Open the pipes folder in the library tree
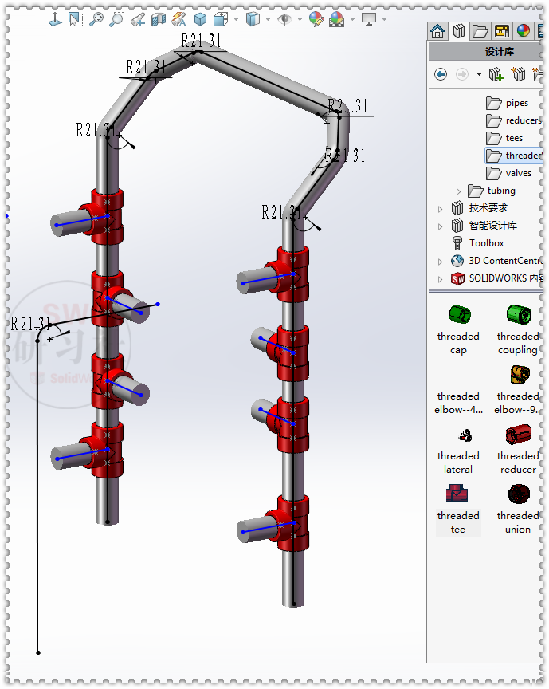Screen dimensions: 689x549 516,103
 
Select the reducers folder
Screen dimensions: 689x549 522,120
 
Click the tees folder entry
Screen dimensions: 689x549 514,138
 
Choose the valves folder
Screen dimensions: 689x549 518,173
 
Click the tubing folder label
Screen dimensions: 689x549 501,191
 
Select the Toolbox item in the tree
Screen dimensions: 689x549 486,243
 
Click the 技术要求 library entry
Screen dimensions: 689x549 488,208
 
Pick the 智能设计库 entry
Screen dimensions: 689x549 492,226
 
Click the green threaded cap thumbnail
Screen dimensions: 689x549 459,314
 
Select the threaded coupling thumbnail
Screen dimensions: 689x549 518,314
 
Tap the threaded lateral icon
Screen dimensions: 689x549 459,435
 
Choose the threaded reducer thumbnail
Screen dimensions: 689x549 518,435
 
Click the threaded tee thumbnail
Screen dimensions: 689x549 458,494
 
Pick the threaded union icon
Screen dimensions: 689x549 518,494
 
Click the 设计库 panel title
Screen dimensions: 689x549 500,52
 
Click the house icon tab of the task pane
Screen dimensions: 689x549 437,31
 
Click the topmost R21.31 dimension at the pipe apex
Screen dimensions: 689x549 201,41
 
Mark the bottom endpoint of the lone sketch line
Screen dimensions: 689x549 37,652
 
